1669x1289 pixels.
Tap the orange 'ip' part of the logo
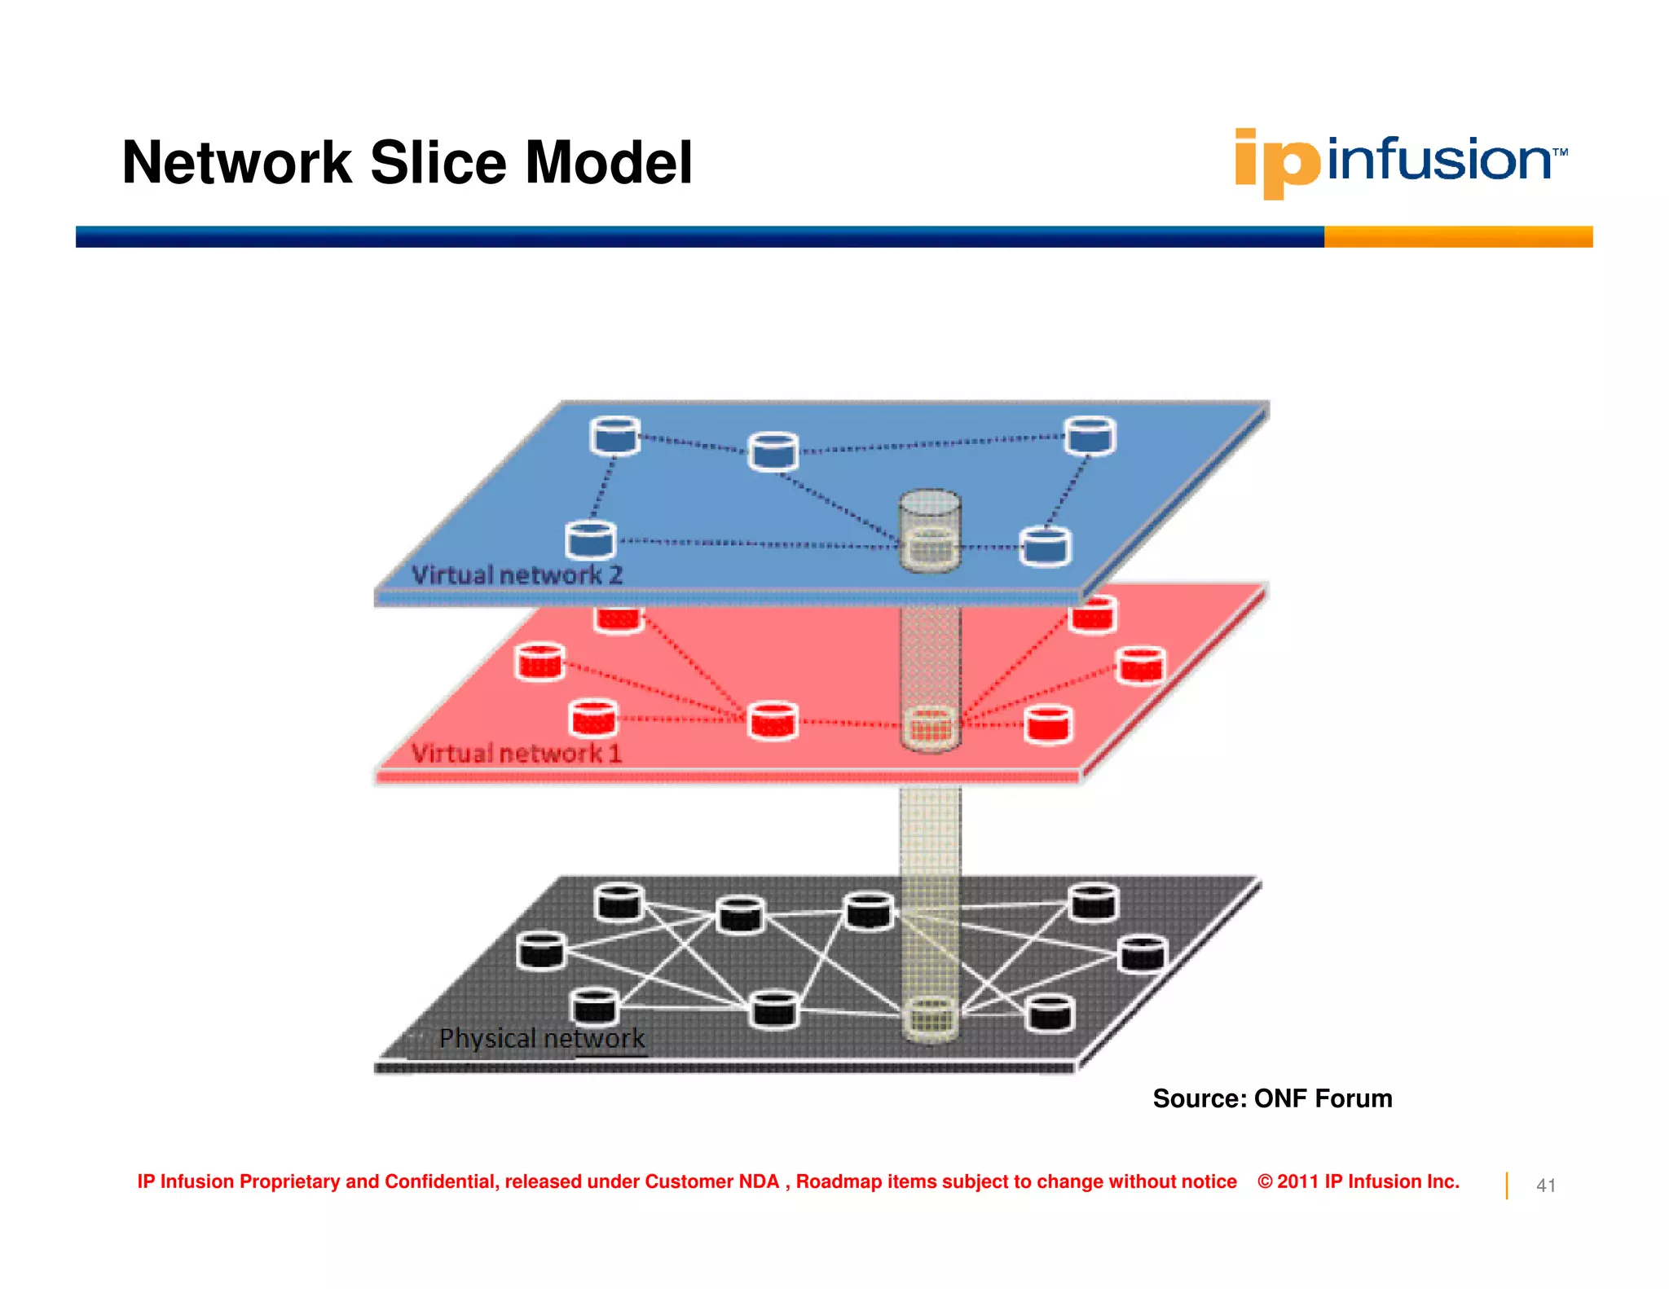click(x=1275, y=163)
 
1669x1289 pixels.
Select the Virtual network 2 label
click(x=517, y=574)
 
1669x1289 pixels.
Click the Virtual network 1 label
click(x=516, y=753)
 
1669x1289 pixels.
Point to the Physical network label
click(x=541, y=1038)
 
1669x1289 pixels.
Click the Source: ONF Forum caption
click(x=1272, y=1098)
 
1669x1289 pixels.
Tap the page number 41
click(x=1546, y=1186)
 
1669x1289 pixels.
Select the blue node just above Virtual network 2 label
click(x=591, y=541)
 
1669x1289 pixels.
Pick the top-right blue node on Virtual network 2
click(x=1090, y=435)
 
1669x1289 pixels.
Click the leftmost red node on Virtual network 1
click(x=539, y=661)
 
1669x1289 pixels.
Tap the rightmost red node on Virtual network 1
click(x=1141, y=665)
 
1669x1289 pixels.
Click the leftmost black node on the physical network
click(x=540, y=951)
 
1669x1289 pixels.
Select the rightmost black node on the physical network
click(x=1143, y=955)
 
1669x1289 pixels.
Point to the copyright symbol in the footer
click(x=1265, y=1181)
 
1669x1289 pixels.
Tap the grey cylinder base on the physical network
click(x=930, y=1018)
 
